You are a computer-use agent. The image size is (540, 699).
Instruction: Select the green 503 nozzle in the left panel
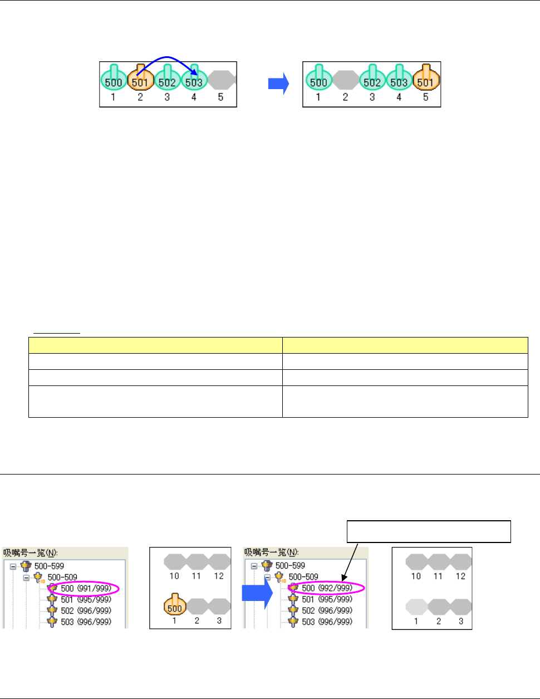tap(194, 80)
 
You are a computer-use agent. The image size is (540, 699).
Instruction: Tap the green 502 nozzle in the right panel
tap(372, 80)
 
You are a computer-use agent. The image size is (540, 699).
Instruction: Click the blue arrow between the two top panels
tap(279, 84)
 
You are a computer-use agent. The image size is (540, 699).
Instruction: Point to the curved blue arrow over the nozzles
tap(167, 58)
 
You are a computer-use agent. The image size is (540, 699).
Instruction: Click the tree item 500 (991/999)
tap(86, 588)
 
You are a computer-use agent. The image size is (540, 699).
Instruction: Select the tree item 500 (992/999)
tap(327, 588)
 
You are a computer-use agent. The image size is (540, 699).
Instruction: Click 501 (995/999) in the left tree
tap(86, 599)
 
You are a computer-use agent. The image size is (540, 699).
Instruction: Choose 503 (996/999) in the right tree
tap(327, 622)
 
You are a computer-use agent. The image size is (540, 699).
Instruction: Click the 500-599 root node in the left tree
tap(49, 566)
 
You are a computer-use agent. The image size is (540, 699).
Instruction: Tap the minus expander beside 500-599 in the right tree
tap(254, 566)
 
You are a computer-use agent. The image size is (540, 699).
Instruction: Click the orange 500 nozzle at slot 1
tap(174, 606)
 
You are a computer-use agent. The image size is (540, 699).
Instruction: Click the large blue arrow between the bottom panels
tap(257, 594)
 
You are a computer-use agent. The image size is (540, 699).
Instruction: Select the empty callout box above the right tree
tap(429, 531)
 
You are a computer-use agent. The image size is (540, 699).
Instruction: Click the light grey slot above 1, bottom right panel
tap(416, 607)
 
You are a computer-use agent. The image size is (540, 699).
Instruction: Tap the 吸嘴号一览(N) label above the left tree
tap(30, 553)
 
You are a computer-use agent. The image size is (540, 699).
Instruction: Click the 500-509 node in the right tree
tap(303, 577)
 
